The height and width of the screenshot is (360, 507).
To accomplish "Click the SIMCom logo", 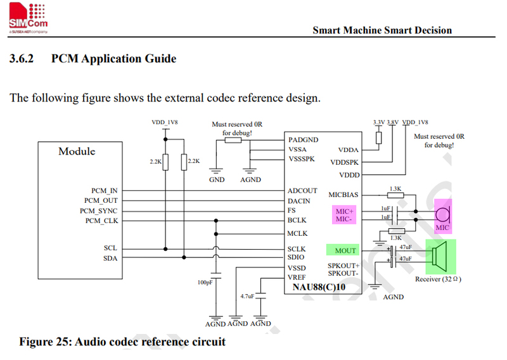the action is [x=29, y=18].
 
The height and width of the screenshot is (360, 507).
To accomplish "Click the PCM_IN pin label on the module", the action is [x=104, y=191].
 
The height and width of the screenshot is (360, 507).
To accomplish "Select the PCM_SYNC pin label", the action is [x=99, y=211].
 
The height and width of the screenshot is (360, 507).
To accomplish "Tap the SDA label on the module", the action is [x=110, y=258].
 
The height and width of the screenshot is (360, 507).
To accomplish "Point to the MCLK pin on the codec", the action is [x=297, y=233].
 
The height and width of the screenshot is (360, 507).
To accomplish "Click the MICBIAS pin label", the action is [x=343, y=195].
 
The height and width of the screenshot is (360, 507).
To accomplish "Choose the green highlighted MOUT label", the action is [x=343, y=250].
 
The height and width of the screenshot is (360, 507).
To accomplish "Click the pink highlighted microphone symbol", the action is [x=442, y=216].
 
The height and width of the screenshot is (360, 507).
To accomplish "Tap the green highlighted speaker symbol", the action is [x=440, y=257].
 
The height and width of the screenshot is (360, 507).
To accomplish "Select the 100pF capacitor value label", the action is [x=205, y=283].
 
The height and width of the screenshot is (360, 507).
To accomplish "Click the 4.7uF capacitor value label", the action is [x=247, y=296].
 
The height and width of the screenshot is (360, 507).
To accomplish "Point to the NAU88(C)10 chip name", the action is [x=319, y=287].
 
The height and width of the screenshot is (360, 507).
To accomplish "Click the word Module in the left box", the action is [x=77, y=151].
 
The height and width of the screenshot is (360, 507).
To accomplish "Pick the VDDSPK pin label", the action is [x=344, y=162].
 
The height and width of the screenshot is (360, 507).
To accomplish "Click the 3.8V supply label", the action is [x=392, y=122].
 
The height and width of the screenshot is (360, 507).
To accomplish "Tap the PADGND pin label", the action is [x=304, y=139].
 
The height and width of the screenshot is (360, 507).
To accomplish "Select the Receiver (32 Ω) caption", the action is [x=438, y=279].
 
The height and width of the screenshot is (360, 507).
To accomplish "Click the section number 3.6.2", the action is [x=22, y=58].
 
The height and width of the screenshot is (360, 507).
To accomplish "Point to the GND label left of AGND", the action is [x=217, y=179].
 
